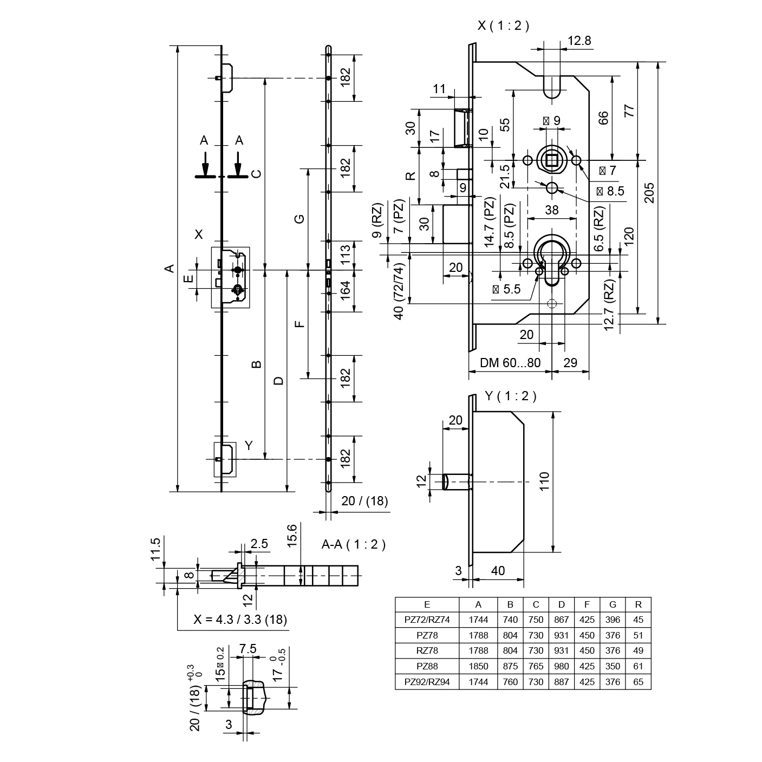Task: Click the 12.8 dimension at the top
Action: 579,40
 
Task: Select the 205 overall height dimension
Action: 650,192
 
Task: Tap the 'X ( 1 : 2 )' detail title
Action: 503,25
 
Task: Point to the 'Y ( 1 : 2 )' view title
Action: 510,396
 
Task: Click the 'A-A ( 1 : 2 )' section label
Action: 353,544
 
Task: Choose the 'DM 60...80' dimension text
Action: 510,362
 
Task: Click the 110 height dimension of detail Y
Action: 544,481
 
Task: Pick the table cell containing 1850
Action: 478,666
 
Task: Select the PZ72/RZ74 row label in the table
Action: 427,620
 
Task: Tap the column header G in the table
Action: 613,604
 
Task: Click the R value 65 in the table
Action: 638,682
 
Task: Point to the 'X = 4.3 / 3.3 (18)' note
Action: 240,620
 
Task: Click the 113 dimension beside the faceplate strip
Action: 346,254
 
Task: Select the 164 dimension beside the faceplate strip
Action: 346,291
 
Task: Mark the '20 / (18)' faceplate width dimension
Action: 364,501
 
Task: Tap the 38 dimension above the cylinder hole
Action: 551,210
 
